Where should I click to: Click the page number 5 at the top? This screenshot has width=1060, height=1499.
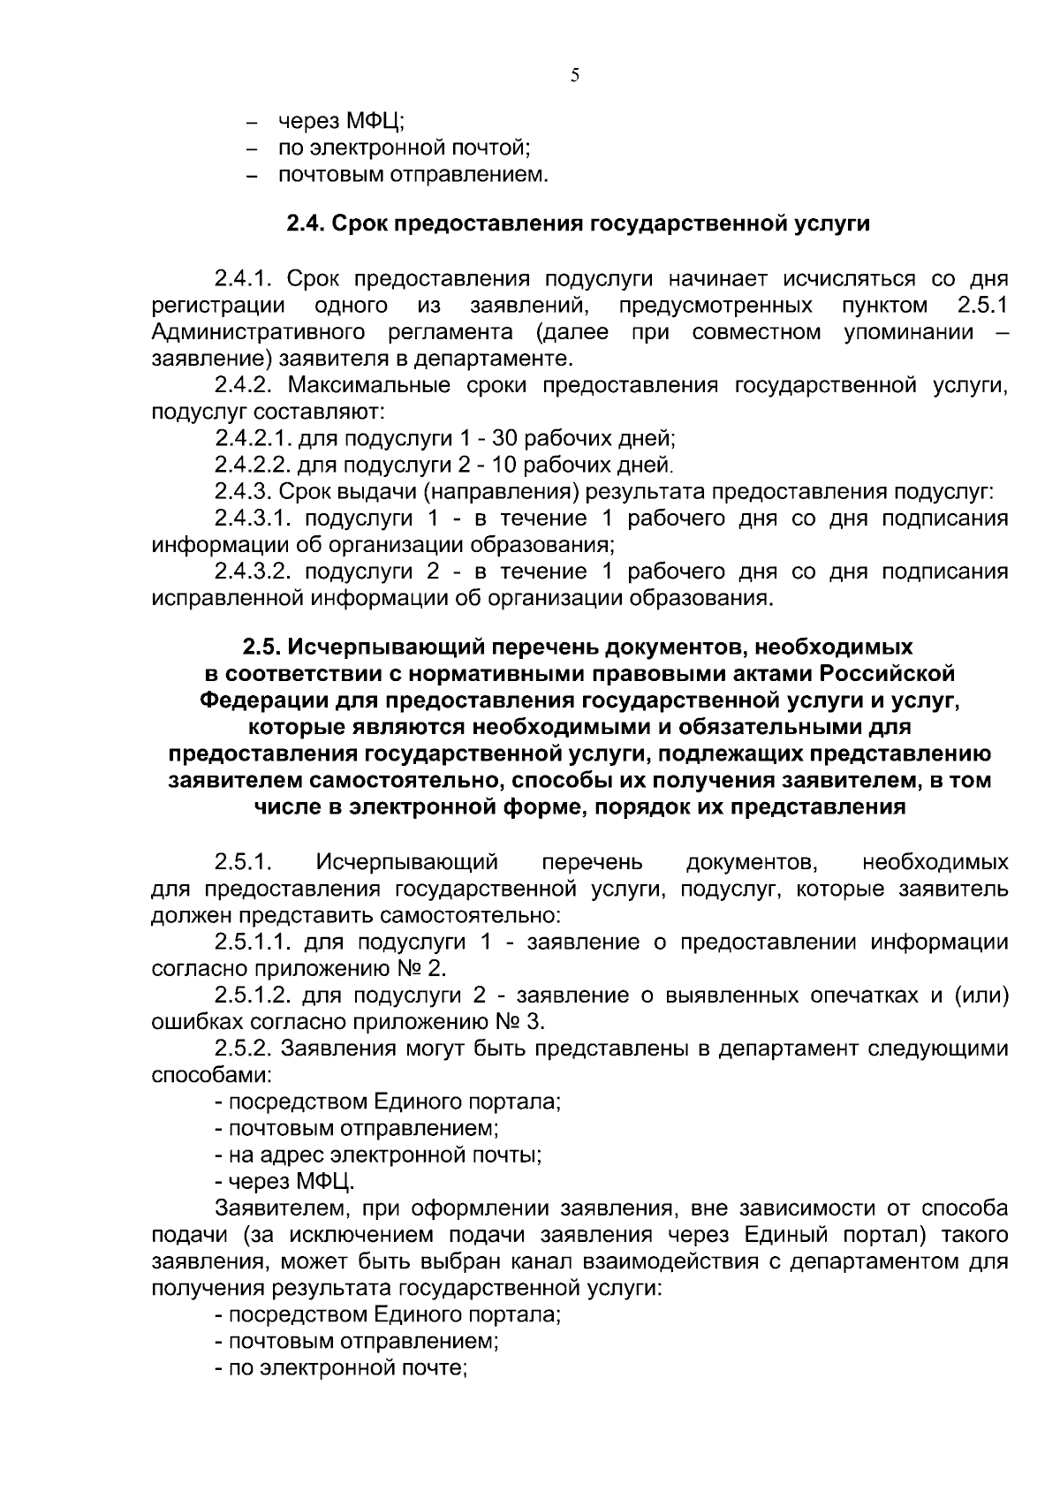pyautogui.click(x=575, y=76)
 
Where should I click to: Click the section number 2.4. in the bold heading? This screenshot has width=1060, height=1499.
pyautogui.click(x=307, y=224)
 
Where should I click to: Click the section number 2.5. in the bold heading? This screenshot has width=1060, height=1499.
pyautogui.click(x=262, y=647)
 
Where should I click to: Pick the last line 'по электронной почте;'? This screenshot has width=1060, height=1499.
pyautogui.click(x=341, y=1368)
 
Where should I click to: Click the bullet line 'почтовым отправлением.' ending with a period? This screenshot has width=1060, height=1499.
pyautogui.click(x=413, y=175)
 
